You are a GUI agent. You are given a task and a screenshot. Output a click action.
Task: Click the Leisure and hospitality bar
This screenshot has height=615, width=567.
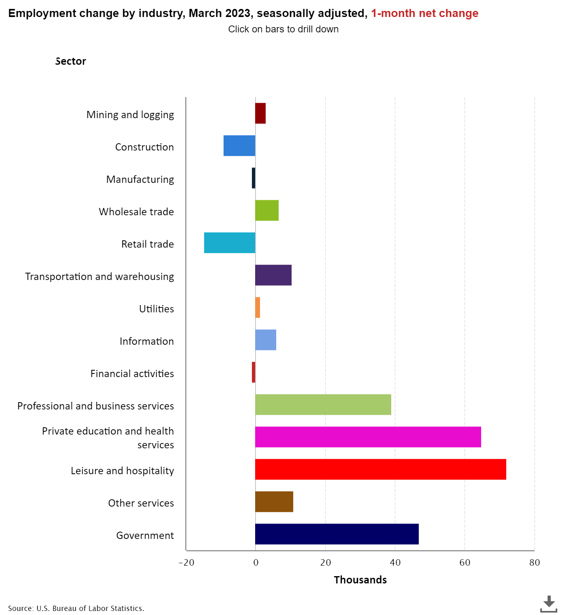coord(380,469)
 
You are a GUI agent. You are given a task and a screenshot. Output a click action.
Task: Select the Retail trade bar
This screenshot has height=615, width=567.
coord(230,243)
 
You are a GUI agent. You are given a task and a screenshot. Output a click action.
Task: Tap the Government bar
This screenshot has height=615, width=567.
coord(337,534)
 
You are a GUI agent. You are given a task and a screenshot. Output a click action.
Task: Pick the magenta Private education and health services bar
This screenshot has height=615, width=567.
coord(368,437)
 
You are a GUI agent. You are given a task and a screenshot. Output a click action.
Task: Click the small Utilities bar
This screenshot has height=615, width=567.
coord(258,307)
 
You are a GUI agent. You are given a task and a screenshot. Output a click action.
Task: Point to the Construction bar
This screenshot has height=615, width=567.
coord(239,146)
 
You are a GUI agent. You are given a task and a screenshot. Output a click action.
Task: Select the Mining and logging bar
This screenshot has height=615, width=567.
coord(260,113)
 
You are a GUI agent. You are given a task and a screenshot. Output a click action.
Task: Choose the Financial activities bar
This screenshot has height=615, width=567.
coord(254,372)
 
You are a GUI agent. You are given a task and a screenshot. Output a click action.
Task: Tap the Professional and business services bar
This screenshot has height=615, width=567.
coord(323,405)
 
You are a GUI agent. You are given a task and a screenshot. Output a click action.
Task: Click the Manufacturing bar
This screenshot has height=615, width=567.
coord(254,178)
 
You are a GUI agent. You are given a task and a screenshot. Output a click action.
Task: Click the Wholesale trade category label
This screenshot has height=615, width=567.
coord(136,212)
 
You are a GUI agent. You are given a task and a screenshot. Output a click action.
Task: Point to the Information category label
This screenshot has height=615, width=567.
coord(147,341)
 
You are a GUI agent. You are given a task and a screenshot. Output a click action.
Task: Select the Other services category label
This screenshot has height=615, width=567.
coord(141,503)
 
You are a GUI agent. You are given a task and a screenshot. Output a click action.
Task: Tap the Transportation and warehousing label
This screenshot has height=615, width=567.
coord(100,276)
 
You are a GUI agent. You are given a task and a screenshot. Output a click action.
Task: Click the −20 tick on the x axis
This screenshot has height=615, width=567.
coord(186,562)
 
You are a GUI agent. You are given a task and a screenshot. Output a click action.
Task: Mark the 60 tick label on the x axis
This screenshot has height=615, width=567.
coord(465,562)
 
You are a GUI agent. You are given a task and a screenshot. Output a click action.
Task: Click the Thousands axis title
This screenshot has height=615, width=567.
coord(360,580)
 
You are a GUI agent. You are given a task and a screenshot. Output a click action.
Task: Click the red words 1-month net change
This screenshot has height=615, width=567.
coord(424,13)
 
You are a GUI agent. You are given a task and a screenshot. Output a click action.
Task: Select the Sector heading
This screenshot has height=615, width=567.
coord(71,61)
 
